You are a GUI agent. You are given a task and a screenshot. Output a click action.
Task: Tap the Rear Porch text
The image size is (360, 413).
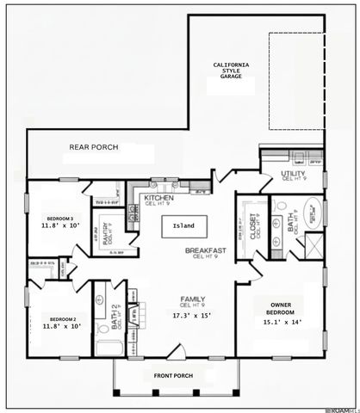(x=94, y=148)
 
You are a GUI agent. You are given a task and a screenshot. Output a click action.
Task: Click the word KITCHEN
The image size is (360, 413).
(x=158, y=197)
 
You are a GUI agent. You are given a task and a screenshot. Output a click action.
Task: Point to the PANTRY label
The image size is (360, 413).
(x=105, y=233)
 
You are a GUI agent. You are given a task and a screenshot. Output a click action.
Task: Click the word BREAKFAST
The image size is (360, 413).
(x=205, y=250)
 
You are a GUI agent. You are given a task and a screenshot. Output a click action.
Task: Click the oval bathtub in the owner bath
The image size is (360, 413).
(x=312, y=212)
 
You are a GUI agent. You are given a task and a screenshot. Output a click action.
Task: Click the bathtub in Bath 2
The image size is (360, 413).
(x=109, y=348)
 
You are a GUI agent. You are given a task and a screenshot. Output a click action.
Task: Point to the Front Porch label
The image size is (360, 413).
(x=175, y=377)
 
